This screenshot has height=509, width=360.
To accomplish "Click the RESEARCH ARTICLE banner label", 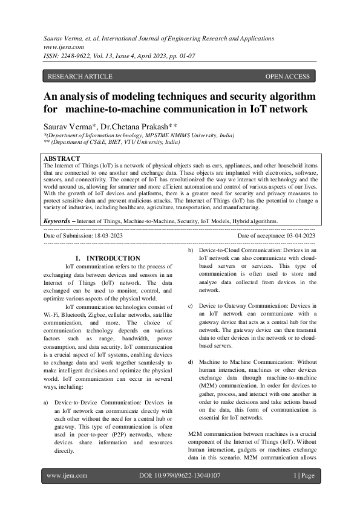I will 80,76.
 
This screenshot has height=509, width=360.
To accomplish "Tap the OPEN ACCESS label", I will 287,76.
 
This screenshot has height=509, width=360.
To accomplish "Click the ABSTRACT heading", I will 62,159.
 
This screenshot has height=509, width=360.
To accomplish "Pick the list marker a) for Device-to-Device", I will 46,402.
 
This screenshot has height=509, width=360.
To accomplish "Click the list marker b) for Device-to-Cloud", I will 191,250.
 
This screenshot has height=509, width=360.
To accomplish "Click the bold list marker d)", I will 191,361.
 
